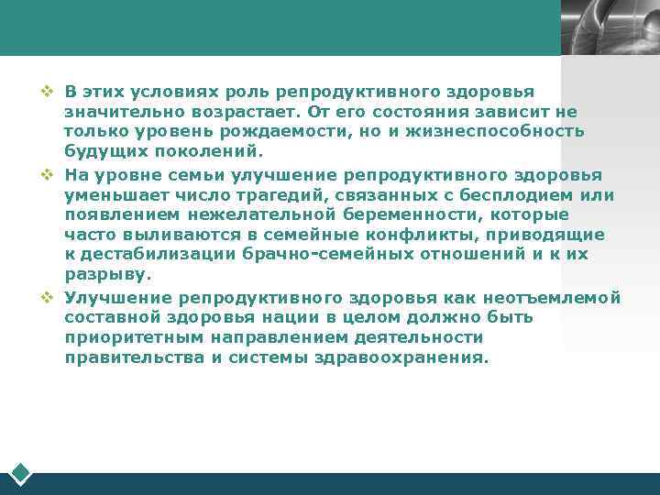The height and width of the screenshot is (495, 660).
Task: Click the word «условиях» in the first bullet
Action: click(168, 92)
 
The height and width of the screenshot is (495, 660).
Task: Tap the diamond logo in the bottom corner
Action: click(20, 474)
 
